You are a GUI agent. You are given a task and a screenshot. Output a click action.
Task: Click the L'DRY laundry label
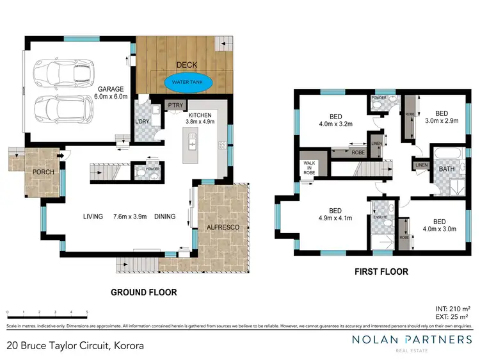pos(142,122)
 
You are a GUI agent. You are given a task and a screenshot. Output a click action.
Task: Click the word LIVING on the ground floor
pos(93,217)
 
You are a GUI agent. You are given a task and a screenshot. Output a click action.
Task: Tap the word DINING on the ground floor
pos(164,217)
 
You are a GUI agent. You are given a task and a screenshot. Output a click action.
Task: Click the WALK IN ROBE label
pos(310,168)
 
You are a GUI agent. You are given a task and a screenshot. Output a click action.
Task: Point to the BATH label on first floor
pos(446,169)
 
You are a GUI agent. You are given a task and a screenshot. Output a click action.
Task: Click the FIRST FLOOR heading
pos(381,272)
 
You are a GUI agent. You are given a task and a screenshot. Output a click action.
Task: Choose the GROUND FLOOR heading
pos(144,292)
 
